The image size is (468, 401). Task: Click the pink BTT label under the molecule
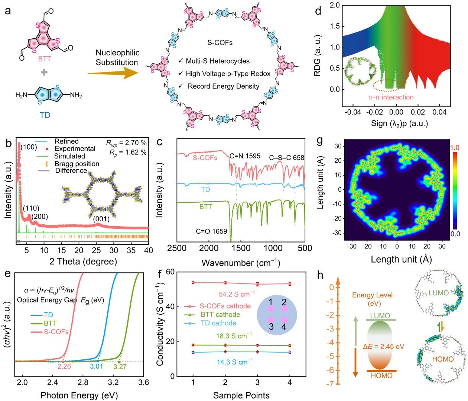[x=45, y=59]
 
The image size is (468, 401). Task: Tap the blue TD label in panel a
[x=45, y=115]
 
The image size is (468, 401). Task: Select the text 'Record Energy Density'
[x=223, y=86]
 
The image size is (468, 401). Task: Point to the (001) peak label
[x=101, y=219]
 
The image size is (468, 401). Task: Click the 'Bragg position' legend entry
[x=77, y=164]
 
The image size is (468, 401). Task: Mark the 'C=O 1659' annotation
[x=211, y=231]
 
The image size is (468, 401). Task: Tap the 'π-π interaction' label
[x=390, y=97]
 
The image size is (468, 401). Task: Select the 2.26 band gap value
[x=64, y=367]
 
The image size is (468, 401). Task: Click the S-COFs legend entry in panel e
[x=56, y=332]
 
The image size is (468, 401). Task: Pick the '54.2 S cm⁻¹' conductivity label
[x=237, y=294]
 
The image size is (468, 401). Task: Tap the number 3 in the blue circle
[x=272, y=327]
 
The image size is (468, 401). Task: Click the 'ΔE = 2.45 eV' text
[x=383, y=347]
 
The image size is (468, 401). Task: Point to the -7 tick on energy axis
[x=330, y=384]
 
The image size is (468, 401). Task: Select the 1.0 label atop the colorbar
[x=455, y=148]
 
